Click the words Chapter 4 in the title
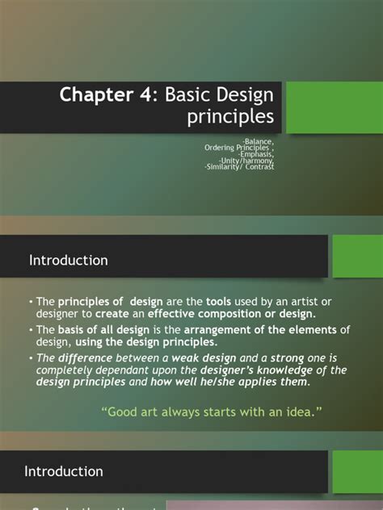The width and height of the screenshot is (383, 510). point(107,96)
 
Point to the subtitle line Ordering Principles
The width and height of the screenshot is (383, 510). point(239,148)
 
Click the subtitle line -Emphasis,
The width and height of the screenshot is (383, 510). point(255,154)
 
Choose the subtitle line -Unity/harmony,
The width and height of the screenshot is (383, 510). point(247,161)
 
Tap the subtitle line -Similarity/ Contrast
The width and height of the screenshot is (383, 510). point(240,167)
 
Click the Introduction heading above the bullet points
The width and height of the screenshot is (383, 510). point(69,260)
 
